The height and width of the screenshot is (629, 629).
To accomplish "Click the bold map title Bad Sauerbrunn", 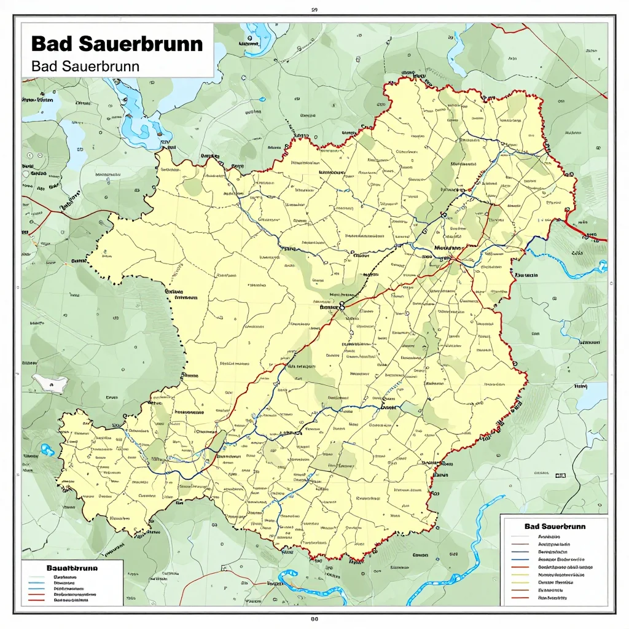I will coord(116,44).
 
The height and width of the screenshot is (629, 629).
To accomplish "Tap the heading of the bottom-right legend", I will coord(555,526).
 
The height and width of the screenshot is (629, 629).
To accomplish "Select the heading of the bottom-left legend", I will coord(72,569).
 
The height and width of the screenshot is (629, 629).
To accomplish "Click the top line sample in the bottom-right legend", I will coord(520,536).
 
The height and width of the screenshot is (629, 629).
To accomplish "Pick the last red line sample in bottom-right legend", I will coord(520,597).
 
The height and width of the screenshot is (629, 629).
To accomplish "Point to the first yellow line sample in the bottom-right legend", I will coord(520,575).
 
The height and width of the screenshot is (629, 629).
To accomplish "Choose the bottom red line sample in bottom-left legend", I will coord(37,600).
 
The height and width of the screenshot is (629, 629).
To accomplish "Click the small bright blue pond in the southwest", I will coord(47,450).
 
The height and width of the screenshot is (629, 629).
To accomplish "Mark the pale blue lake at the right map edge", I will coord(592,396).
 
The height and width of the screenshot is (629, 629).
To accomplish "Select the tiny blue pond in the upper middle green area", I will coord(263,99).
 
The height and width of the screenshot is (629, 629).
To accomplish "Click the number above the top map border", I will coord(314,10).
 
